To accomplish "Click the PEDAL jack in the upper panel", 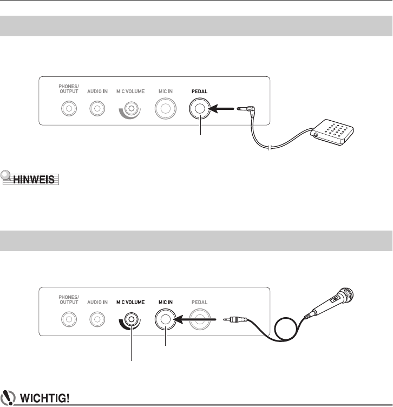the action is point(201,110).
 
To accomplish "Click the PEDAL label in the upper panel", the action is point(201,92).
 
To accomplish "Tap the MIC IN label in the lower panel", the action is point(166,302).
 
